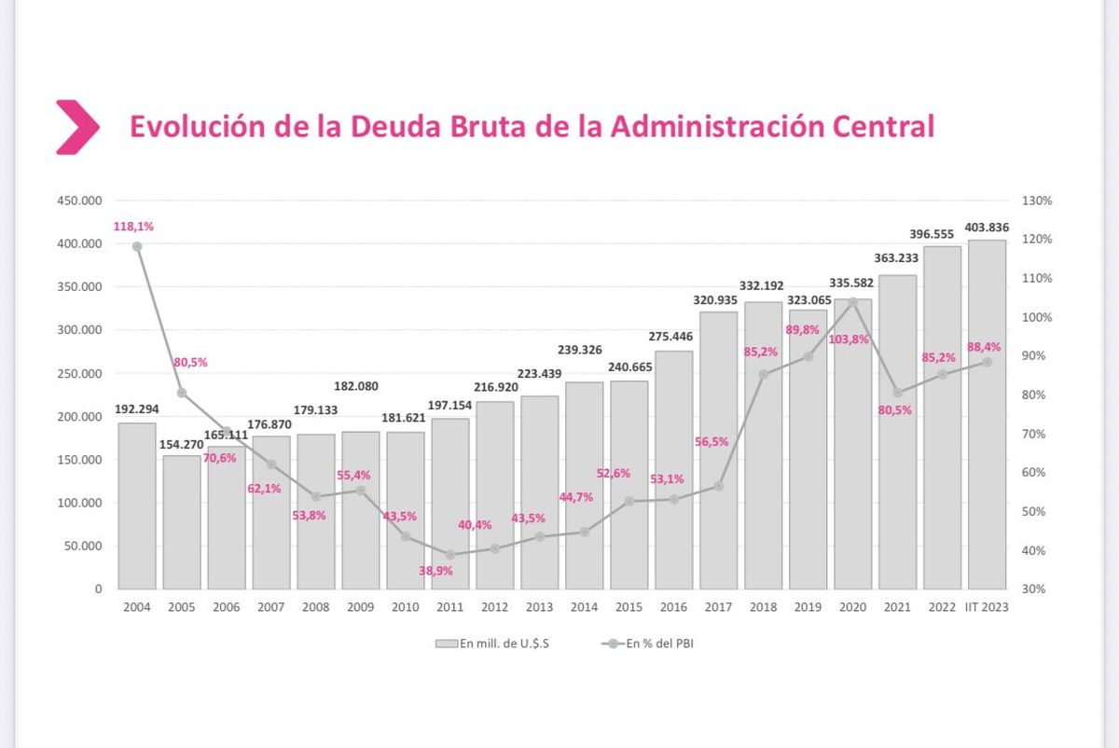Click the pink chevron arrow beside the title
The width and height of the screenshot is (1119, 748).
76,127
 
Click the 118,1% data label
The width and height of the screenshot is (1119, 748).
133,227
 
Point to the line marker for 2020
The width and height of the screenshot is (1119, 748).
852,302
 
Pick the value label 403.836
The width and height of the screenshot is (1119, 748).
987,226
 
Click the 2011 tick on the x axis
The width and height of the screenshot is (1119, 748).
450,607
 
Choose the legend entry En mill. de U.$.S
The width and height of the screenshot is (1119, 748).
492,644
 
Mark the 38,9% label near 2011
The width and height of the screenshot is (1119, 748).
435,571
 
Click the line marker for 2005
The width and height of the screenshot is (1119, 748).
182,393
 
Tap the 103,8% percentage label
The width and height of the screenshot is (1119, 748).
848,339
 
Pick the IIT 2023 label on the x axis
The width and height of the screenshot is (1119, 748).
987,607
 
